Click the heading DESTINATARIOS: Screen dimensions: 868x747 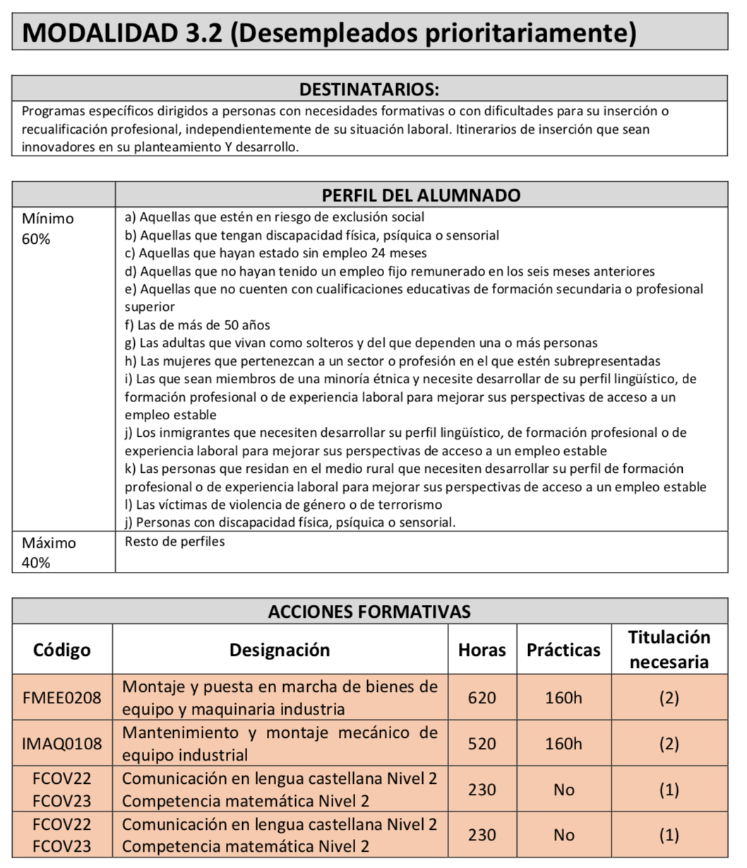pyautogui.click(x=369, y=89)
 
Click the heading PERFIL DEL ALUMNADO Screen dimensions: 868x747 pyautogui.click(x=421, y=195)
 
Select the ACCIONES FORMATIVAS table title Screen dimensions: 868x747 pyautogui.click(x=369, y=611)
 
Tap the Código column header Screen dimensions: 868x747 pyautogui.click(x=62, y=650)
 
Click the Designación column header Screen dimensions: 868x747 pyautogui.click(x=280, y=650)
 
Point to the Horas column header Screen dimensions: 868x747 pyautogui.click(x=482, y=650)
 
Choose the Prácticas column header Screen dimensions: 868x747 pyautogui.click(x=563, y=650)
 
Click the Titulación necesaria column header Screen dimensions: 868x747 pyautogui.click(x=669, y=650)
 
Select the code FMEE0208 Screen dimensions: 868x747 pyautogui.click(x=62, y=698)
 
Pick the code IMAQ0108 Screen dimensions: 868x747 pyautogui.click(x=62, y=744)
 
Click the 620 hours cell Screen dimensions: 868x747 pyautogui.click(x=482, y=698)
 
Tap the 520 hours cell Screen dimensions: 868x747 pyautogui.click(x=482, y=744)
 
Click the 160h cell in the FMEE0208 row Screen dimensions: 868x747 pyautogui.click(x=563, y=698)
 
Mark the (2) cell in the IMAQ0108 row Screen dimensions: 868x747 pyautogui.click(x=669, y=744)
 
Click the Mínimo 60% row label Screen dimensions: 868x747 pyautogui.click(x=47, y=229)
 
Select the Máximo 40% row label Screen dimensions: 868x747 pyautogui.click(x=49, y=553)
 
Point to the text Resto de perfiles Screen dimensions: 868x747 pyautogui.click(x=174, y=542)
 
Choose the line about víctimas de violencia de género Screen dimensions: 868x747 pyautogui.click(x=283, y=505)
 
